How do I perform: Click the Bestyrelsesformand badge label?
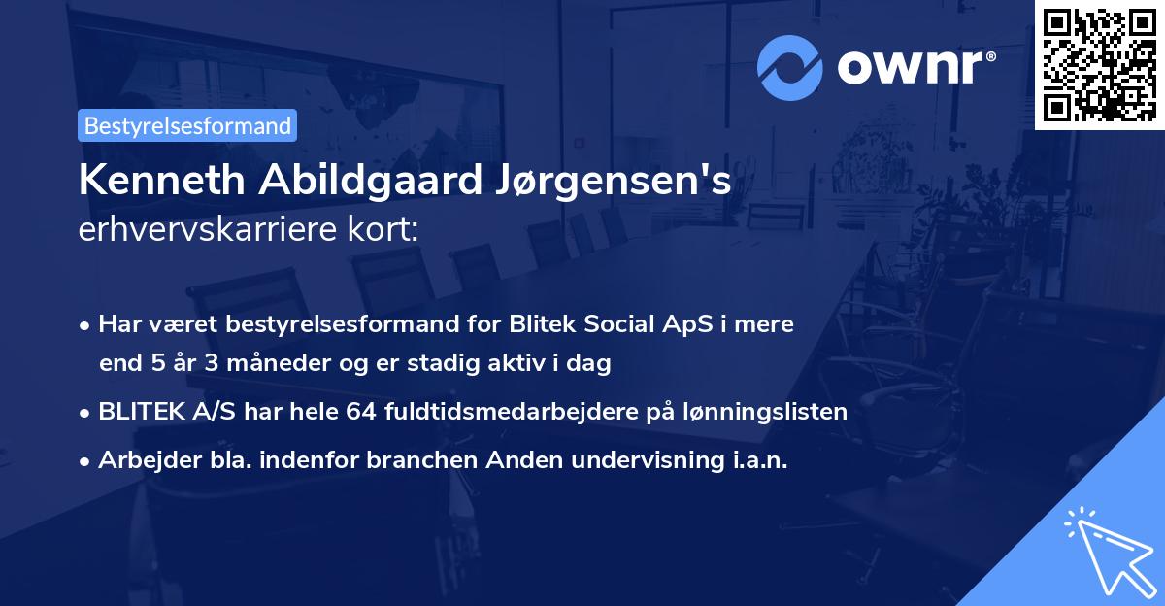(x=187, y=125)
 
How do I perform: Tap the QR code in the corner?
(x=1099, y=64)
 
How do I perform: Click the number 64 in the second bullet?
(x=359, y=411)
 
